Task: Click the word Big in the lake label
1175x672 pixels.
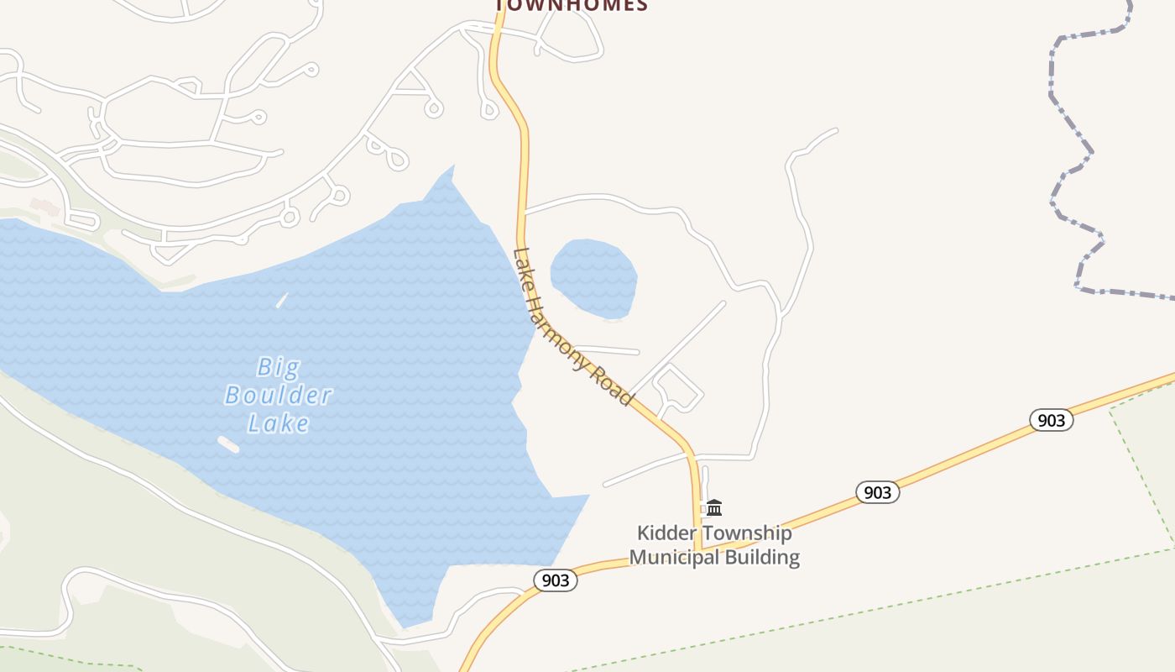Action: tap(278, 367)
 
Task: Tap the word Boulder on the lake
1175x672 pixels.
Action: tap(278, 395)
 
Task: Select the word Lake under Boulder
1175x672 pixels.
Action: tap(278, 423)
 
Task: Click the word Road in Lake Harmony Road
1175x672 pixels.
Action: tap(614, 386)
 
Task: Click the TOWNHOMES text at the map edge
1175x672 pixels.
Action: tap(572, 5)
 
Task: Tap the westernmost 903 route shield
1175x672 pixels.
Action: tap(556, 580)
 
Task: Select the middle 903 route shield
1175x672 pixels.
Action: tap(877, 492)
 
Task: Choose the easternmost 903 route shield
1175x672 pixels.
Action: tap(1051, 420)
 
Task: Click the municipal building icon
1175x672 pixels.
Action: tap(714, 507)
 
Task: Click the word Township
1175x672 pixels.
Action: tap(747, 533)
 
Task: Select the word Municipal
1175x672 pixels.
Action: tap(675, 557)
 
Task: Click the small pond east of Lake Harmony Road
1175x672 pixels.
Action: tap(593, 278)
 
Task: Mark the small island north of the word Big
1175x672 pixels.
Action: tap(282, 300)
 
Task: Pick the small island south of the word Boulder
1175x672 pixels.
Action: tap(228, 444)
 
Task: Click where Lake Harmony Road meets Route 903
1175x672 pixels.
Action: tap(698, 551)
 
